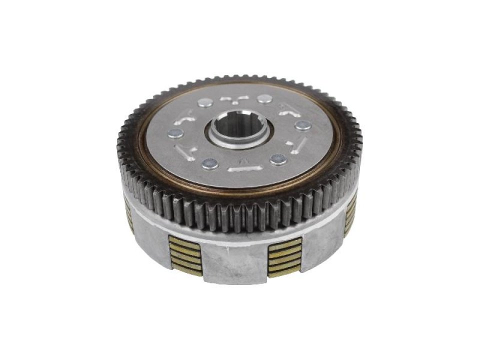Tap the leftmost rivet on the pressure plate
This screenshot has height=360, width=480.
[x=174, y=133]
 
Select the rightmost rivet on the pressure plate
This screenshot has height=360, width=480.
[x=302, y=125]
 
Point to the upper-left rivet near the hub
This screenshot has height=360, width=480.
[x=204, y=102]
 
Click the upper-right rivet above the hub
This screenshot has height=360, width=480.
[x=265, y=98]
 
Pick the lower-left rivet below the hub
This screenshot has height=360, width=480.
[x=210, y=163]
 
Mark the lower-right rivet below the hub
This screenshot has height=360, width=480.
[x=278, y=159]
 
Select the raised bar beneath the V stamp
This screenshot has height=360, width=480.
[x=245, y=169]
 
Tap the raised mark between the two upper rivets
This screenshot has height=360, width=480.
[x=234, y=98]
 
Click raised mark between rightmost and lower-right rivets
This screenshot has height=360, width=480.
[x=299, y=144]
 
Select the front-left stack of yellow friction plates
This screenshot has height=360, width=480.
[x=185, y=255]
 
